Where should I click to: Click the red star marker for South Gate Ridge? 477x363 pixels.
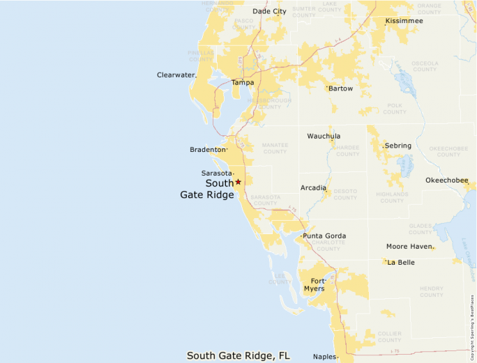click(238, 182)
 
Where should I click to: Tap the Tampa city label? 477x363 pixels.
click(243, 82)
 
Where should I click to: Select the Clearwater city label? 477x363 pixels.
click(175, 75)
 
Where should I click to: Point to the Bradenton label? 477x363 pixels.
click(208, 150)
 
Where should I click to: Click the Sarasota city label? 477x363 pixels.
click(216, 173)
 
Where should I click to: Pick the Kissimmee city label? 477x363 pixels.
click(404, 21)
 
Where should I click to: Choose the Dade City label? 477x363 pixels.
click(269, 11)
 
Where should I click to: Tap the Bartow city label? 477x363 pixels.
click(341, 88)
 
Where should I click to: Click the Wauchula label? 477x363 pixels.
click(324, 136)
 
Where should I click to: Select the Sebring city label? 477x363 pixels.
click(398, 146)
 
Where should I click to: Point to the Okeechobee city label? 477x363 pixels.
click(447, 180)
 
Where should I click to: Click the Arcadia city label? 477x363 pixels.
click(313, 188)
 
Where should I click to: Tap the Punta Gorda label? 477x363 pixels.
click(324, 236)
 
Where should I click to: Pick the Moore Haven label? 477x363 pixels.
click(409, 247)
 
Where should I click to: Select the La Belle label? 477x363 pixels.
click(401, 263)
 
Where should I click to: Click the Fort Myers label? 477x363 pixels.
click(314, 284)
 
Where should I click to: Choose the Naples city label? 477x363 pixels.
click(324, 357)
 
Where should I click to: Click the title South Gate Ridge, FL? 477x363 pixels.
click(238, 355)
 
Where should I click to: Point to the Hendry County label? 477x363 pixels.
click(432, 291)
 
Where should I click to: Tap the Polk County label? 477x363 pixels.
click(395, 109)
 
